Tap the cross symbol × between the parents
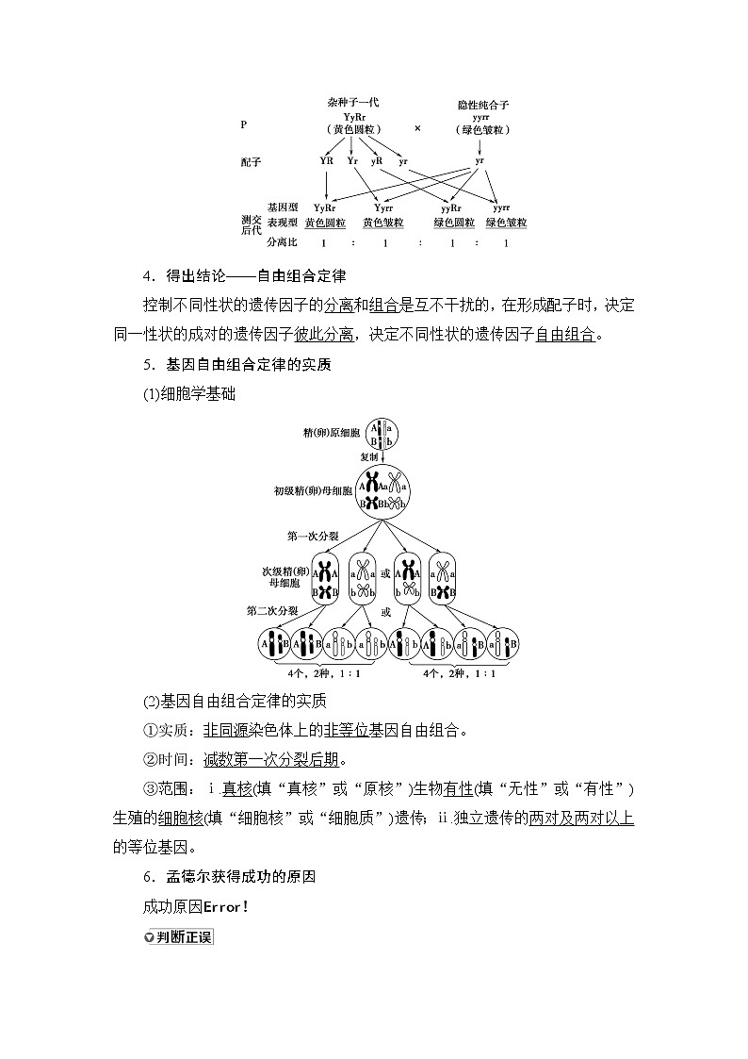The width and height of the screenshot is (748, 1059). (x=417, y=127)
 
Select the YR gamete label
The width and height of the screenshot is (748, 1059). (x=327, y=161)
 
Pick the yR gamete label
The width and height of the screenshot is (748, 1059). (x=376, y=161)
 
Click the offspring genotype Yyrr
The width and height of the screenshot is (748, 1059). (x=383, y=207)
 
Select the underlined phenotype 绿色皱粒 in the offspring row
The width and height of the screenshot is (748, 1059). (x=506, y=223)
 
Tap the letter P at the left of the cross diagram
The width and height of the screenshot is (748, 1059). (x=244, y=124)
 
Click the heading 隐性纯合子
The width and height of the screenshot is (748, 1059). (x=482, y=106)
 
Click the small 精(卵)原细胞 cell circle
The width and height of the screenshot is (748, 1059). (x=382, y=434)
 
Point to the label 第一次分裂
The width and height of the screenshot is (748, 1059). (x=313, y=536)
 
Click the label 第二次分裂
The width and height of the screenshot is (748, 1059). (x=272, y=611)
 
